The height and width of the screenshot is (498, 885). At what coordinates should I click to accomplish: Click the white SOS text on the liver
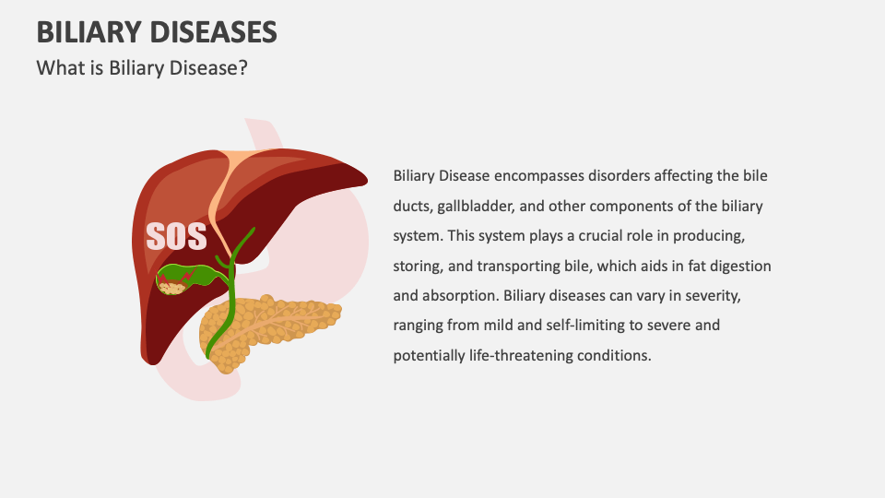(176, 236)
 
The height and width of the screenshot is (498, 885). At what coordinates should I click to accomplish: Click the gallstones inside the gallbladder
(171, 287)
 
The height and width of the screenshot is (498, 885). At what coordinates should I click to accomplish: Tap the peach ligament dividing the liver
(225, 194)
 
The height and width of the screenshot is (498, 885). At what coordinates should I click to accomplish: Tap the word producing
(724, 236)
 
